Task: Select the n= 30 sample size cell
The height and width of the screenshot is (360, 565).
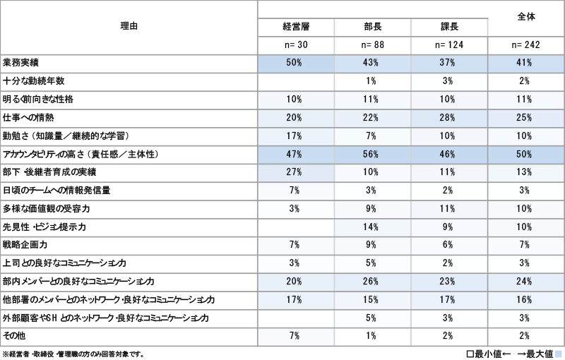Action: coord(296,45)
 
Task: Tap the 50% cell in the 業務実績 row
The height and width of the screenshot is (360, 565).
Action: coord(295,63)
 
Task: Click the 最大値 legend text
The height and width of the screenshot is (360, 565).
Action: coord(537,353)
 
